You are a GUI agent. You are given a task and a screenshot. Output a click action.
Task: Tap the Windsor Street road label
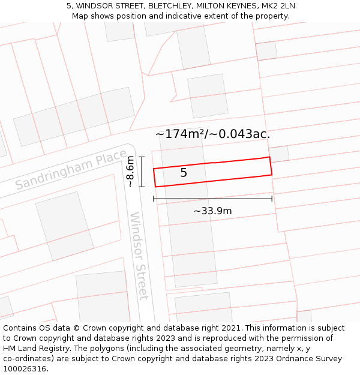(x=139, y=256)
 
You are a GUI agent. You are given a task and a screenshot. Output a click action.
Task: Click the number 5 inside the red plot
(x=184, y=173)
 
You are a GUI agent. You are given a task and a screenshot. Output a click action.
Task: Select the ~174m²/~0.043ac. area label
(x=212, y=134)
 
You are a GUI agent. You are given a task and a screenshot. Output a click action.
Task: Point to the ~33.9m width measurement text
(x=212, y=211)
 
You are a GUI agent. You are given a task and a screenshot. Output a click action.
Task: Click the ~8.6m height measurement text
(x=130, y=172)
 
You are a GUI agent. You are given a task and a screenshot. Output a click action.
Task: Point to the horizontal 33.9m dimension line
(x=212, y=199)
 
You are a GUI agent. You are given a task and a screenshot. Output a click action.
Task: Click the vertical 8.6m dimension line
(x=142, y=172)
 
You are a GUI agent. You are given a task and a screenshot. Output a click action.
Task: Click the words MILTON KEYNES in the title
(x=227, y=6)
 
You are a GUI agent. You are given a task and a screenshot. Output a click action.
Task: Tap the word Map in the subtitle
(x=81, y=16)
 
